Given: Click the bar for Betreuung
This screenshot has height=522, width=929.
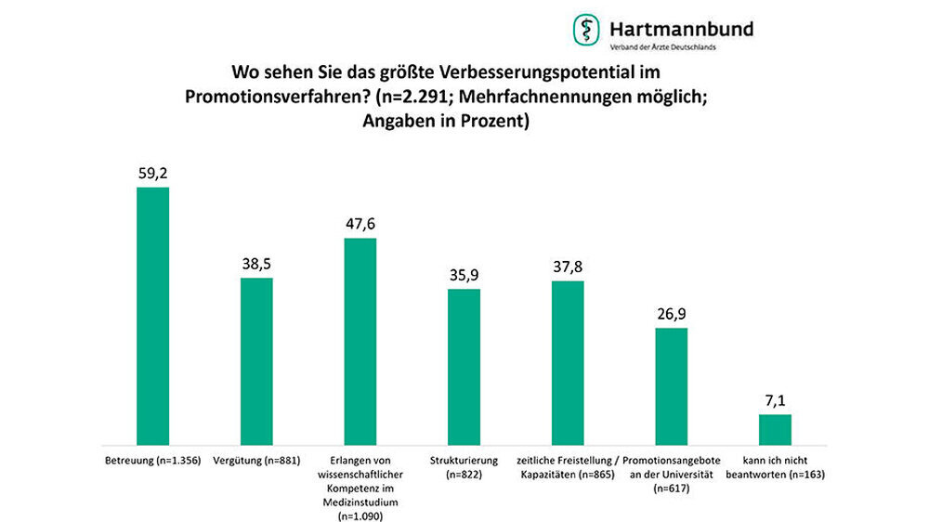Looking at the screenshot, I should pyautogui.click(x=152, y=316).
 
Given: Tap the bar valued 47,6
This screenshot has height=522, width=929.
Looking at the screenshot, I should pyautogui.click(x=360, y=341).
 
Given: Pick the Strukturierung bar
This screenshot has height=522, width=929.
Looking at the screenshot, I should pyautogui.click(x=464, y=366).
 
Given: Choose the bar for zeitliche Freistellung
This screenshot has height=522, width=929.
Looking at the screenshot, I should pyautogui.click(x=569, y=362).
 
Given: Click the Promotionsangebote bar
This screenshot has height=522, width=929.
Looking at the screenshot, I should pyautogui.click(x=672, y=385).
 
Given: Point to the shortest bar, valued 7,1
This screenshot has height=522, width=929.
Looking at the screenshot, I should pyautogui.click(x=776, y=429).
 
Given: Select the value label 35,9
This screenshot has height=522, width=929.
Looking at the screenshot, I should pyautogui.click(x=464, y=274).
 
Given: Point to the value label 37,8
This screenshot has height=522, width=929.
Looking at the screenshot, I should pyautogui.click(x=569, y=266).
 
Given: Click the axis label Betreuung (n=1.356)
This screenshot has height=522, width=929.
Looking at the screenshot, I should pyautogui.click(x=152, y=461).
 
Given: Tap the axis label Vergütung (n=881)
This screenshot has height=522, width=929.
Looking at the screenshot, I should pyautogui.click(x=256, y=461).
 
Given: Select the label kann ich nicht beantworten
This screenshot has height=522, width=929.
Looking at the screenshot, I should pyautogui.click(x=776, y=467).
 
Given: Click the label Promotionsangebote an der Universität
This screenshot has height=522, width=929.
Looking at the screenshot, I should pyautogui.click(x=672, y=467).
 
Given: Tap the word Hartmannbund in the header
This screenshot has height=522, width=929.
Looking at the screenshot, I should pyautogui.click(x=681, y=28).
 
